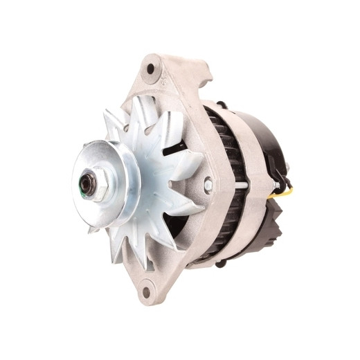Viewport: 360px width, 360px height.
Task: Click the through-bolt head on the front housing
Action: pyautogui.click(x=208, y=185)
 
